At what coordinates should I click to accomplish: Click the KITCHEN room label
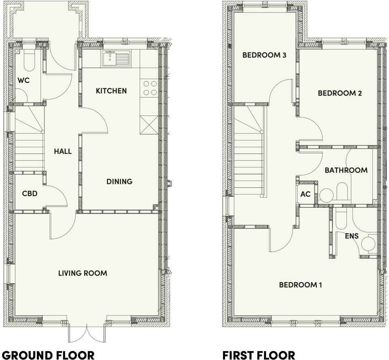coord(111,91)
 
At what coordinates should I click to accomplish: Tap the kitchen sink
coord(116,58)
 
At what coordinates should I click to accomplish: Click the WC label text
coord(24,80)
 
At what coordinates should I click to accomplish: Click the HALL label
coord(63,151)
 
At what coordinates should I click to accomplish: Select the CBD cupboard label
coord(30,194)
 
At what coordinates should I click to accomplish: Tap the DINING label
coord(119,181)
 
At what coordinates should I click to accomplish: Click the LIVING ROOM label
coord(83,273)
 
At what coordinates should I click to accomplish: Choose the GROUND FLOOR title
coord(49,355)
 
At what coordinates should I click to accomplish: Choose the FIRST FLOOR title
coord(259,355)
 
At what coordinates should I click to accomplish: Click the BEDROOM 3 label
coord(264,55)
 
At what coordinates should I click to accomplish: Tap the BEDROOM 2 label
coord(340,93)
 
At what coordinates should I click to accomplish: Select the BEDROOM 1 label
coord(300,285)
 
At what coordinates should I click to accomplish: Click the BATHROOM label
coord(346,170)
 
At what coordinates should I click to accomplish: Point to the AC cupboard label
coord(305,194)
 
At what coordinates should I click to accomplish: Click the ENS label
coord(351,236)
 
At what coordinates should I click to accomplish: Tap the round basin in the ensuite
coord(369,244)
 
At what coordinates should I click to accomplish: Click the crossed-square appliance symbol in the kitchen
coord(149,124)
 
